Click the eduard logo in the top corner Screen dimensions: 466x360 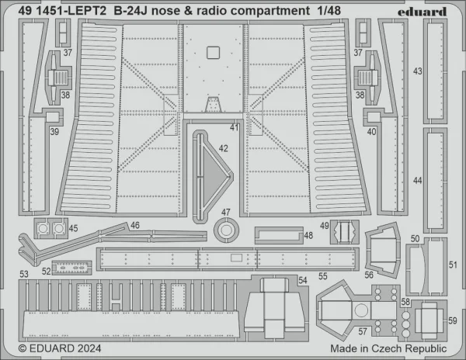click(x=422, y=12)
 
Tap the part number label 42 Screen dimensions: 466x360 click(x=223, y=148)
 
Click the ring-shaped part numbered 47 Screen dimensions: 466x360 click(x=227, y=230)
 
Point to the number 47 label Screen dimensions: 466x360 click(x=225, y=213)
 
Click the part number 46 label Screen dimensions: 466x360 click(x=135, y=225)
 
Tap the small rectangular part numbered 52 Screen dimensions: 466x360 click(x=71, y=268)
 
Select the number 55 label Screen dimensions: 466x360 click(x=323, y=276)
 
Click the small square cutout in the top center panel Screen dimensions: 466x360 click(x=213, y=53)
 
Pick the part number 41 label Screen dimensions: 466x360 click(x=235, y=127)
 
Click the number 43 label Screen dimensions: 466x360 click(x=418, y=71)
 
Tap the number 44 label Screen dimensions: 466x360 click(x=418, y=181)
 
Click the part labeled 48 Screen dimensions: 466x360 click(x=279, y=235)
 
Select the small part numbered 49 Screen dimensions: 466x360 click(x=345, y=232)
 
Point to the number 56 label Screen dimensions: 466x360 click(x=369, y=275)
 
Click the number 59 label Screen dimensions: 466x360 click(x=453, y=321)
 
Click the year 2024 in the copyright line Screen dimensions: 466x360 click(x=89, y=348)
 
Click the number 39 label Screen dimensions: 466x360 click(x=54, y=131)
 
